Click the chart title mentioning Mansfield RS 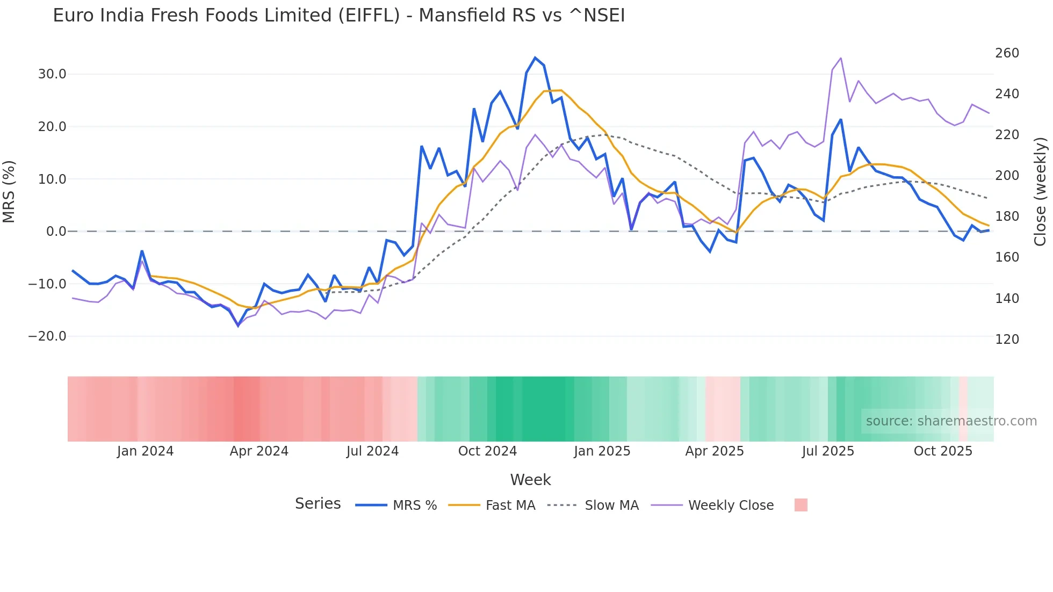[x=338, y=16]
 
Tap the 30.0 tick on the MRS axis [x=52, y=74]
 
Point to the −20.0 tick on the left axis [x=47, y=336]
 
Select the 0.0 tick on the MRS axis [x=56, y=232]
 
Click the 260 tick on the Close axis [x=1007, y=53]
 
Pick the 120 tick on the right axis [x=1007, y=340]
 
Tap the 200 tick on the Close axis [x=1007, y=176]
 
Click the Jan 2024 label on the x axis [x=145, y=451]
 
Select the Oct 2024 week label [x=487, y=451]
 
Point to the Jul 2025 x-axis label [x=828, y=451]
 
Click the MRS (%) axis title [x=9, y=192]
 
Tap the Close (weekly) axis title [x=1040, y=192]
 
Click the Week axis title [x=530, y=480]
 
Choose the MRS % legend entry [x=414, y=506]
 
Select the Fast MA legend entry [x=510, y=506]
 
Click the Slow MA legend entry [x=611, y=506]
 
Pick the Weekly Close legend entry [x=731, y=506]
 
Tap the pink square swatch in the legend [x=800, y=505]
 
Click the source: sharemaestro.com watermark [x=951, y=421]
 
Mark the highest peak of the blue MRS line [x=535, y=57]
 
